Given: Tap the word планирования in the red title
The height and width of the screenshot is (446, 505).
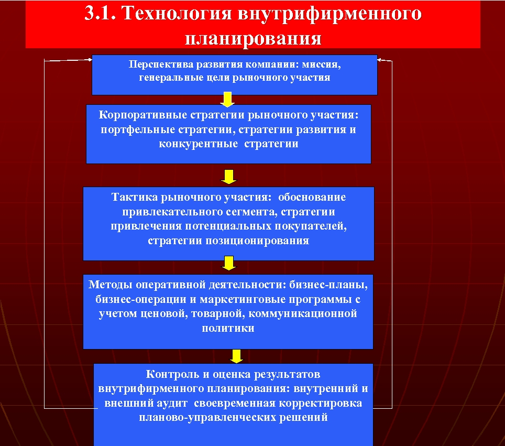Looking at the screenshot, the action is tap(253, 38).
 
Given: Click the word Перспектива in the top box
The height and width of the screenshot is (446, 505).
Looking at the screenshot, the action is tap(160, 65).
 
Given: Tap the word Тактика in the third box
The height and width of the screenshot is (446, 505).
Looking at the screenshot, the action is tap(135, 198).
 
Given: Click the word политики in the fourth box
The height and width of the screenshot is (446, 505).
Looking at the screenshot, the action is tap(228, 329).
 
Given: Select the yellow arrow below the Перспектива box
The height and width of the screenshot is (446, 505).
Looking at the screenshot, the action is tap(228, 100).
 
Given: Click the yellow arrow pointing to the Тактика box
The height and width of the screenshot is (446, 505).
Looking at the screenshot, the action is tap(228, 177).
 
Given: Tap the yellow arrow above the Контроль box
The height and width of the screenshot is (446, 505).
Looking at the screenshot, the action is tap(237, 356).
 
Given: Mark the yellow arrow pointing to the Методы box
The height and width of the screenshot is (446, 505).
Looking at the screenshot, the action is tap(228, 263).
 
